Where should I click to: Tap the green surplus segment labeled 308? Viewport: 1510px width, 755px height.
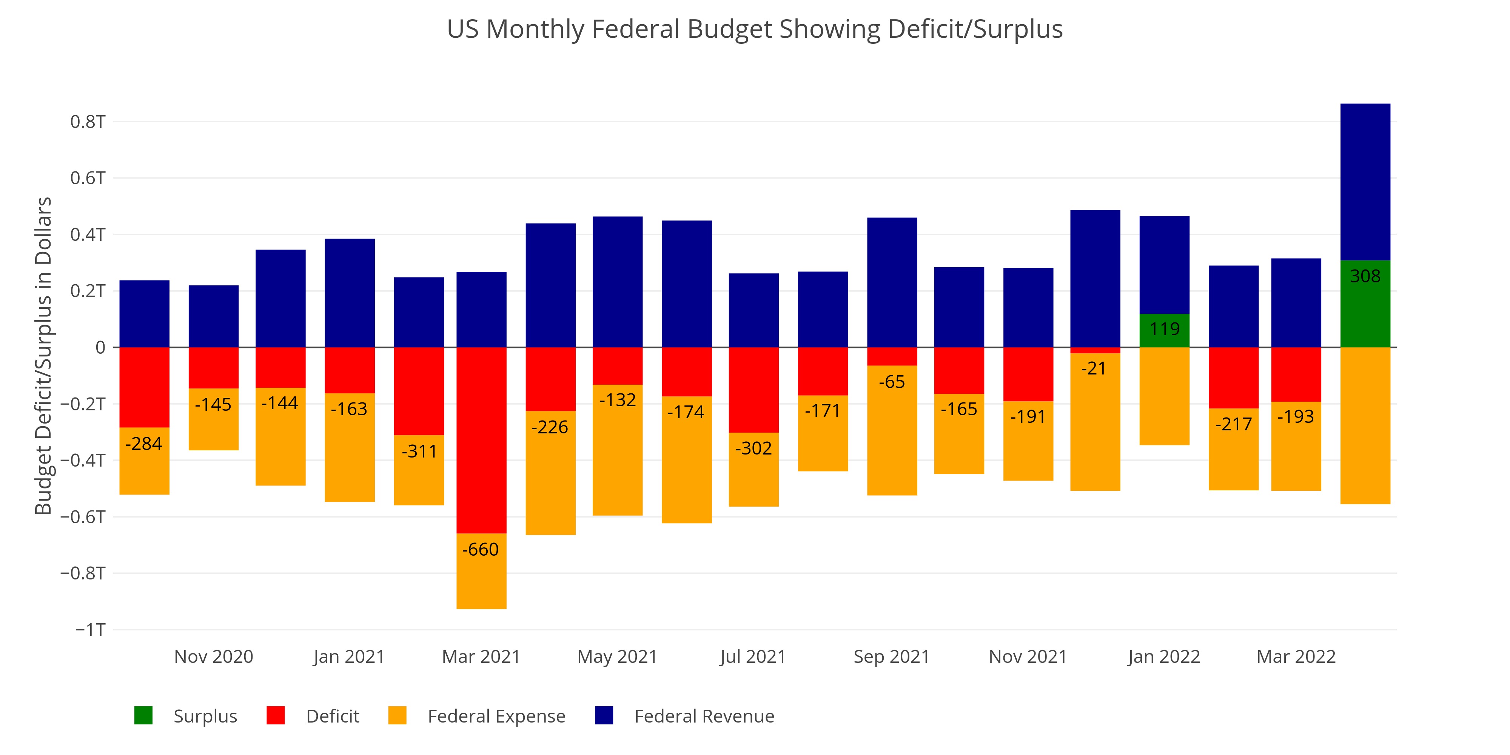pos(1365,304)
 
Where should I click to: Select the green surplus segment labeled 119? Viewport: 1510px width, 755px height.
pos(1164,331)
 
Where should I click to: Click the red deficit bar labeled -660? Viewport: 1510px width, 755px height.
pos(481,440)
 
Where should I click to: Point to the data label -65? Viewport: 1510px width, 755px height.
pos(892,382)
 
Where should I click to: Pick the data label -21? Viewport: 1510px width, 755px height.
pos(1094,369)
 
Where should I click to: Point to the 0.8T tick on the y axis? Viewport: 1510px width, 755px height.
pos(88,122)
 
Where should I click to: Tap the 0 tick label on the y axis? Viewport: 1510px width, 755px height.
pos(100,348)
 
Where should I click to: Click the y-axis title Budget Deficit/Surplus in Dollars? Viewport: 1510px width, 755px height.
pos(43,356)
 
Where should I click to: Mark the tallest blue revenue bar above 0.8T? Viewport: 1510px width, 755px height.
pos(1365,182)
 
